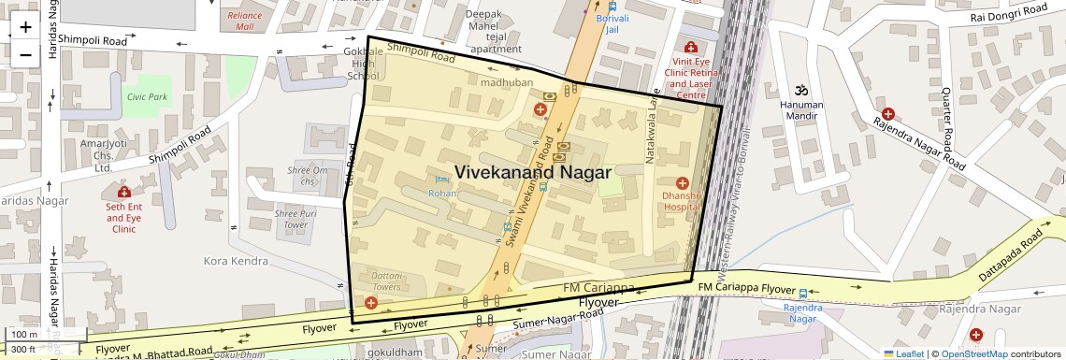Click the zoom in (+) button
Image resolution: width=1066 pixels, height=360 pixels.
tap(25, 27)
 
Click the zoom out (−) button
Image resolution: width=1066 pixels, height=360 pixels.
tap(25, 54)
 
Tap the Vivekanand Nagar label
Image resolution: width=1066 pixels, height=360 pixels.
tap(532, 172)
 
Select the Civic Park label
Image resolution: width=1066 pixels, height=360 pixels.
tap(147, 96)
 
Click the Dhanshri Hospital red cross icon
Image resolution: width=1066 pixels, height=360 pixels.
tap(682, 182)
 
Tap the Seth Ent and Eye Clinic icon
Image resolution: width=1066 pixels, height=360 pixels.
tap(124, 193)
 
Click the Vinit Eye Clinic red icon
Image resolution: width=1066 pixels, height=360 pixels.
tap(690, 48)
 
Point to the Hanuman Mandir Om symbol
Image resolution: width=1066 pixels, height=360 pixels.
tap(800, 91)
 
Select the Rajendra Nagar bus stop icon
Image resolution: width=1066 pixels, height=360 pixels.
tap(802, 294)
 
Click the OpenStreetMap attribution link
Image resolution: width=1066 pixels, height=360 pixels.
tap(973, 353)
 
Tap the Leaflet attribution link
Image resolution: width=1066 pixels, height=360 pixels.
tap(903, 353)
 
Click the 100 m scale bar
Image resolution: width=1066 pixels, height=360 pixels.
tap(25, 334)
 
